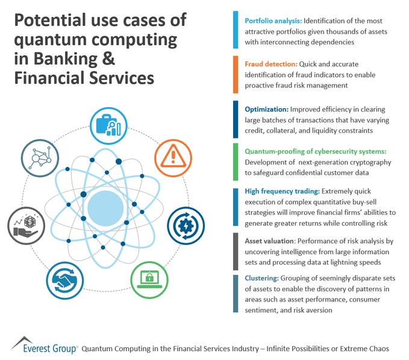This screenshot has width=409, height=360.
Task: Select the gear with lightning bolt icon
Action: (x=186, y=226)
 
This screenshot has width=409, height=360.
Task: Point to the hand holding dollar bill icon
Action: (x=26, y=227)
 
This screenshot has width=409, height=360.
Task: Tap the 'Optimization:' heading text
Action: (x=266, y=110)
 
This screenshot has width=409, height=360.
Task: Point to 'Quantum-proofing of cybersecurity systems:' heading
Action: (x=311, y=151)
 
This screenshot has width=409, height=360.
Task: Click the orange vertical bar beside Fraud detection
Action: (x=235, y=73)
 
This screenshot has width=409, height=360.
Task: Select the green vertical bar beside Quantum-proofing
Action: (x=235, y=162)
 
